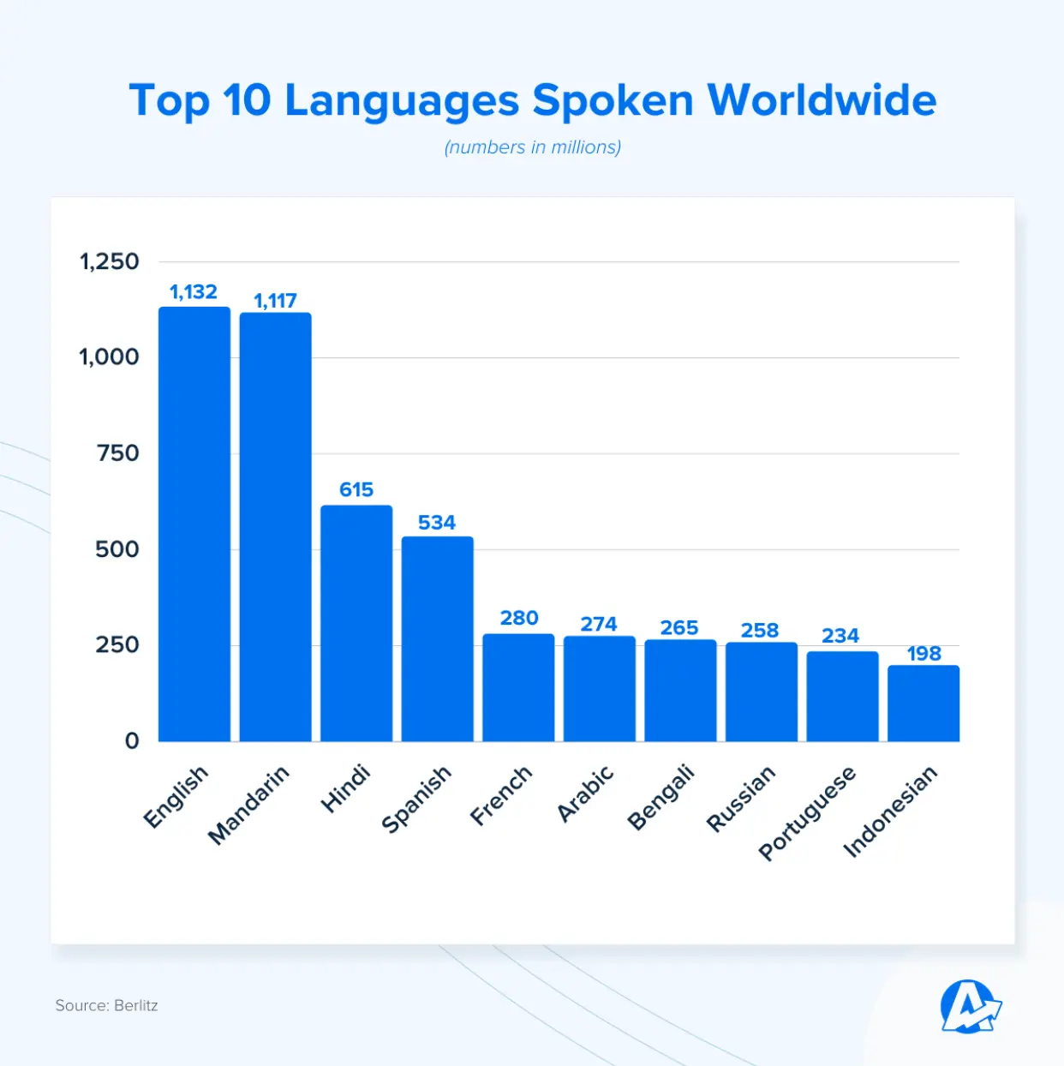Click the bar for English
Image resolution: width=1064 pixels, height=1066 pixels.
pos(194,524)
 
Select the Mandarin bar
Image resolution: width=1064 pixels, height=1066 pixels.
pos(275,527)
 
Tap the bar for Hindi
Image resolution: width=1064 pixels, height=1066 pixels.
pos(356,623)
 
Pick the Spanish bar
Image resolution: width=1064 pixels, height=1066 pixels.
pos(437,638)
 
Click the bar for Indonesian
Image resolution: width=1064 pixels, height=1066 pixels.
pos(923,703)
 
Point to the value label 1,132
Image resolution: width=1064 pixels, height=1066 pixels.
pos(194,292)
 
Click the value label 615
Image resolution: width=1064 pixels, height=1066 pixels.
pos(356,489)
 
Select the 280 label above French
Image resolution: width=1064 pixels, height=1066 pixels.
pos(519,618)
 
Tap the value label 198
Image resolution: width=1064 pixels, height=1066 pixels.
pos(924,654)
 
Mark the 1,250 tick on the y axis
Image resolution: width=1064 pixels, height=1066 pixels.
pos(109,261)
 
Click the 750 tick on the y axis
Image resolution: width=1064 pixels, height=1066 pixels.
pos(117,453)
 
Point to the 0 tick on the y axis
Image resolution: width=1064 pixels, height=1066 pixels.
pos(132,741)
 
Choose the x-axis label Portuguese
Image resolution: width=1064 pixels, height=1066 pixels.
pos(807,812)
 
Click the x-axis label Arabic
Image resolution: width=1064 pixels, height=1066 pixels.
pos(586,794)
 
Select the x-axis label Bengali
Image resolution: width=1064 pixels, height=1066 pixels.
pos(661,798)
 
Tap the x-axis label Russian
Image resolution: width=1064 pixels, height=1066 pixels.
pos(741,799)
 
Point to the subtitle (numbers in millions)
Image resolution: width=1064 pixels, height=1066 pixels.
pos(532,147)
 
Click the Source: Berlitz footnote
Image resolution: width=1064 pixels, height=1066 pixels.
pos(107,1005)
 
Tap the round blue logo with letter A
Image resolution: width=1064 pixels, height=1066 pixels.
pos(969,1007)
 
